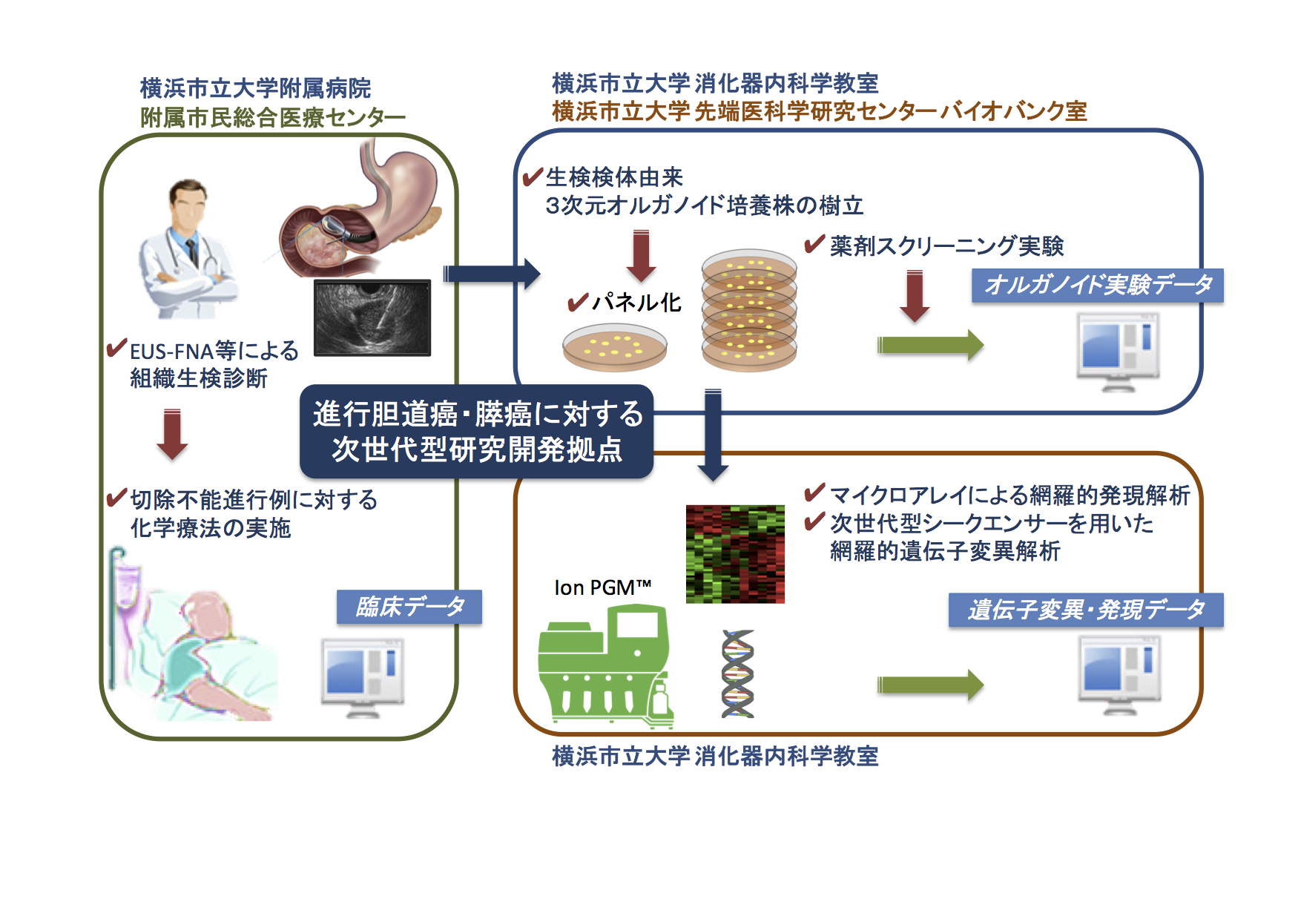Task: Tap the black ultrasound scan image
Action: click(x=372, y=317)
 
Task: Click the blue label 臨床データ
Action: click(x=409, y=607)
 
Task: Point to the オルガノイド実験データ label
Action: click(x=1097, y=285)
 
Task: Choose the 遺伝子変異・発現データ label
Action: click(x=1085, y=610)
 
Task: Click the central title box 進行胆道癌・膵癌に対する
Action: click(x=477, y=431)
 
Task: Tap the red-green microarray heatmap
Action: click(x=735, y=553)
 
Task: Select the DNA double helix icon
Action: click(x=738, y=673)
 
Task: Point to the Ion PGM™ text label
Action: click(x=602, y=587)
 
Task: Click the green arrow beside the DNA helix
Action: click(x=930, y=684)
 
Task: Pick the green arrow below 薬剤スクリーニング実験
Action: click(x=930, y=345)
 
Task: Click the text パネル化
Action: click(x=636, y=302)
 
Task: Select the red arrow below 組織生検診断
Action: click(x=172, y=434)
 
